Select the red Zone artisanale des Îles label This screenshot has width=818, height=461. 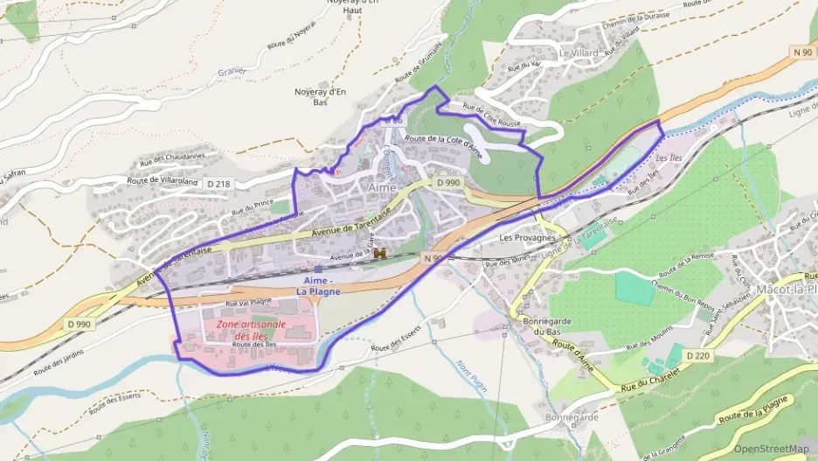245,330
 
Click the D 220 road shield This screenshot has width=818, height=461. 697,356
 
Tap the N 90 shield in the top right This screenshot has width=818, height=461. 801,52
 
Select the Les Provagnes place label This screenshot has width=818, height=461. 527,238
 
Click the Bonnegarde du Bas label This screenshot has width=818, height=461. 547,327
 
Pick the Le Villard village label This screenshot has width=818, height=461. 579,53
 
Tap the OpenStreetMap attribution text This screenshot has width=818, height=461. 771,449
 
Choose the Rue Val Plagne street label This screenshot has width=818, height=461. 249,302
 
